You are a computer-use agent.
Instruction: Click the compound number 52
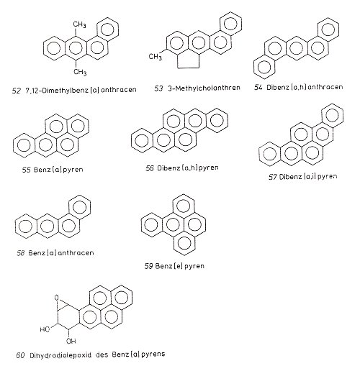(17, 91)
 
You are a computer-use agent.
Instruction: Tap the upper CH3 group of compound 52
(79, 24)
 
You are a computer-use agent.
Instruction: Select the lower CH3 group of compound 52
(80, 72)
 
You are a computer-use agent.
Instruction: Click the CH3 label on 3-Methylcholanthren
(156, 57)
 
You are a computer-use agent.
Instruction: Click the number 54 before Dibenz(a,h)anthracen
(258, 87)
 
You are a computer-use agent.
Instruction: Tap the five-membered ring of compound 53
(189, 60)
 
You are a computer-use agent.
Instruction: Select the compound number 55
(27, 170)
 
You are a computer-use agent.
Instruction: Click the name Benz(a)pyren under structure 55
(58, 170)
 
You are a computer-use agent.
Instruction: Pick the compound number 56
(150, 168)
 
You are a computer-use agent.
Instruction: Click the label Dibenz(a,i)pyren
(308, 177)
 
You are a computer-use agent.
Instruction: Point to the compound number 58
(21, 253)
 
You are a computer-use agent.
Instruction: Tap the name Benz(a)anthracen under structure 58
(61, 253)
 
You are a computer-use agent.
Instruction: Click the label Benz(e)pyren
(180, 266)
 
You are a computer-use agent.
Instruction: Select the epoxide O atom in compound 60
(57, 298)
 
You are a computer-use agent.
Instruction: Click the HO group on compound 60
(45, 329)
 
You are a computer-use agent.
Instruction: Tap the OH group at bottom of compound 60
(71, 341)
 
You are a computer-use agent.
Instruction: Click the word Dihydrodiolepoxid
(60, 355)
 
